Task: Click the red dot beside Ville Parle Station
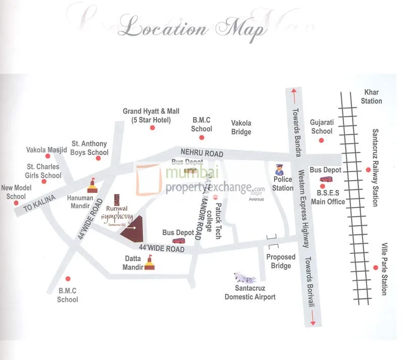(x=375, y=268)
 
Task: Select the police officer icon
(x=279, y=169)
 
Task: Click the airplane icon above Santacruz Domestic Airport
(x=244, y=278)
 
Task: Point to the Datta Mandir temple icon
(x=149, y=263)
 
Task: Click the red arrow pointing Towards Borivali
(x=313, y=320)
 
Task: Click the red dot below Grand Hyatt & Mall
(x=152, y=128)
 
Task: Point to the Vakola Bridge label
(x=241, y=127)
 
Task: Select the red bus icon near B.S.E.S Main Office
(x=326, y=179)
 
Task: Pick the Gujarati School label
(x=322, y=127)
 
